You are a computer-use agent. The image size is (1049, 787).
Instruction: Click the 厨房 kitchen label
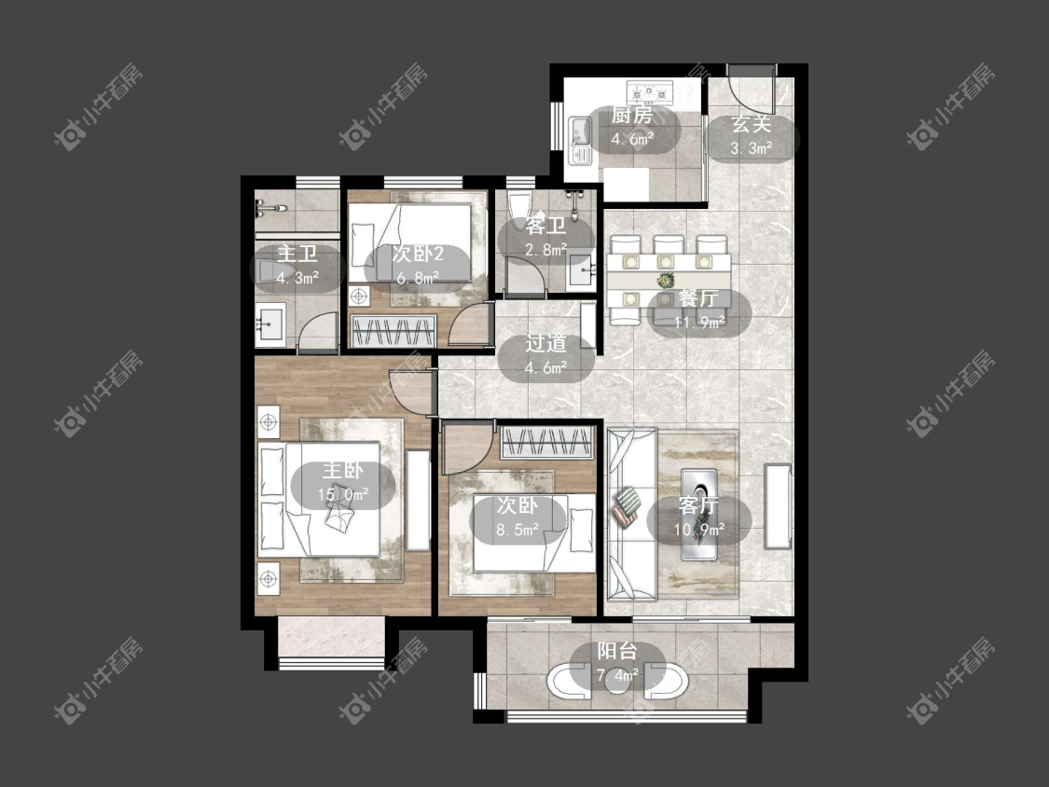[x=632, y=115]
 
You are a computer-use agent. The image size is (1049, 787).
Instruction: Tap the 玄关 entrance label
[x=752, y=124]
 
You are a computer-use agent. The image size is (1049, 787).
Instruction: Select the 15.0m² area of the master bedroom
[x=343, y=494]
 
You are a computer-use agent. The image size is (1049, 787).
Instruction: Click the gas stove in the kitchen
[x=649, y=90]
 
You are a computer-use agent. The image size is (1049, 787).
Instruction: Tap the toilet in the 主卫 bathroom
[x=267, y=271]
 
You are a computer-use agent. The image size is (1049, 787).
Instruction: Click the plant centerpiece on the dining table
[x=665, y=280]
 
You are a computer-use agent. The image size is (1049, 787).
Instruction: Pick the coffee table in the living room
[x=699, y=515]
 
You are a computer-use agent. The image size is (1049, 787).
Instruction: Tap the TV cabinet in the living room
[x=777, y=505]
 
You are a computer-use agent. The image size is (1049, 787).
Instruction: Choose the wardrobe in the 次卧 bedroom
[x=547, y=442]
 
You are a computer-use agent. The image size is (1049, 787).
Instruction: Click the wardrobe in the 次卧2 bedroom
[x=394, y=330]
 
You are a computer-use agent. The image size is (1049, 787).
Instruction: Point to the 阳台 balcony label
[x=617, y=651]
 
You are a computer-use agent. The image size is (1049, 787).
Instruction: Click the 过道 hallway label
[x=545, y=343]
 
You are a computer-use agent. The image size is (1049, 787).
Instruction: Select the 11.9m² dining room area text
[x=699, y=323]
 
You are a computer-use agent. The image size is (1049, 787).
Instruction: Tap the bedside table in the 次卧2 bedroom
[x=359, y=295]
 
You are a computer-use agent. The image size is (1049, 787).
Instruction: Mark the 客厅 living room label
[x=698, y=505]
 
